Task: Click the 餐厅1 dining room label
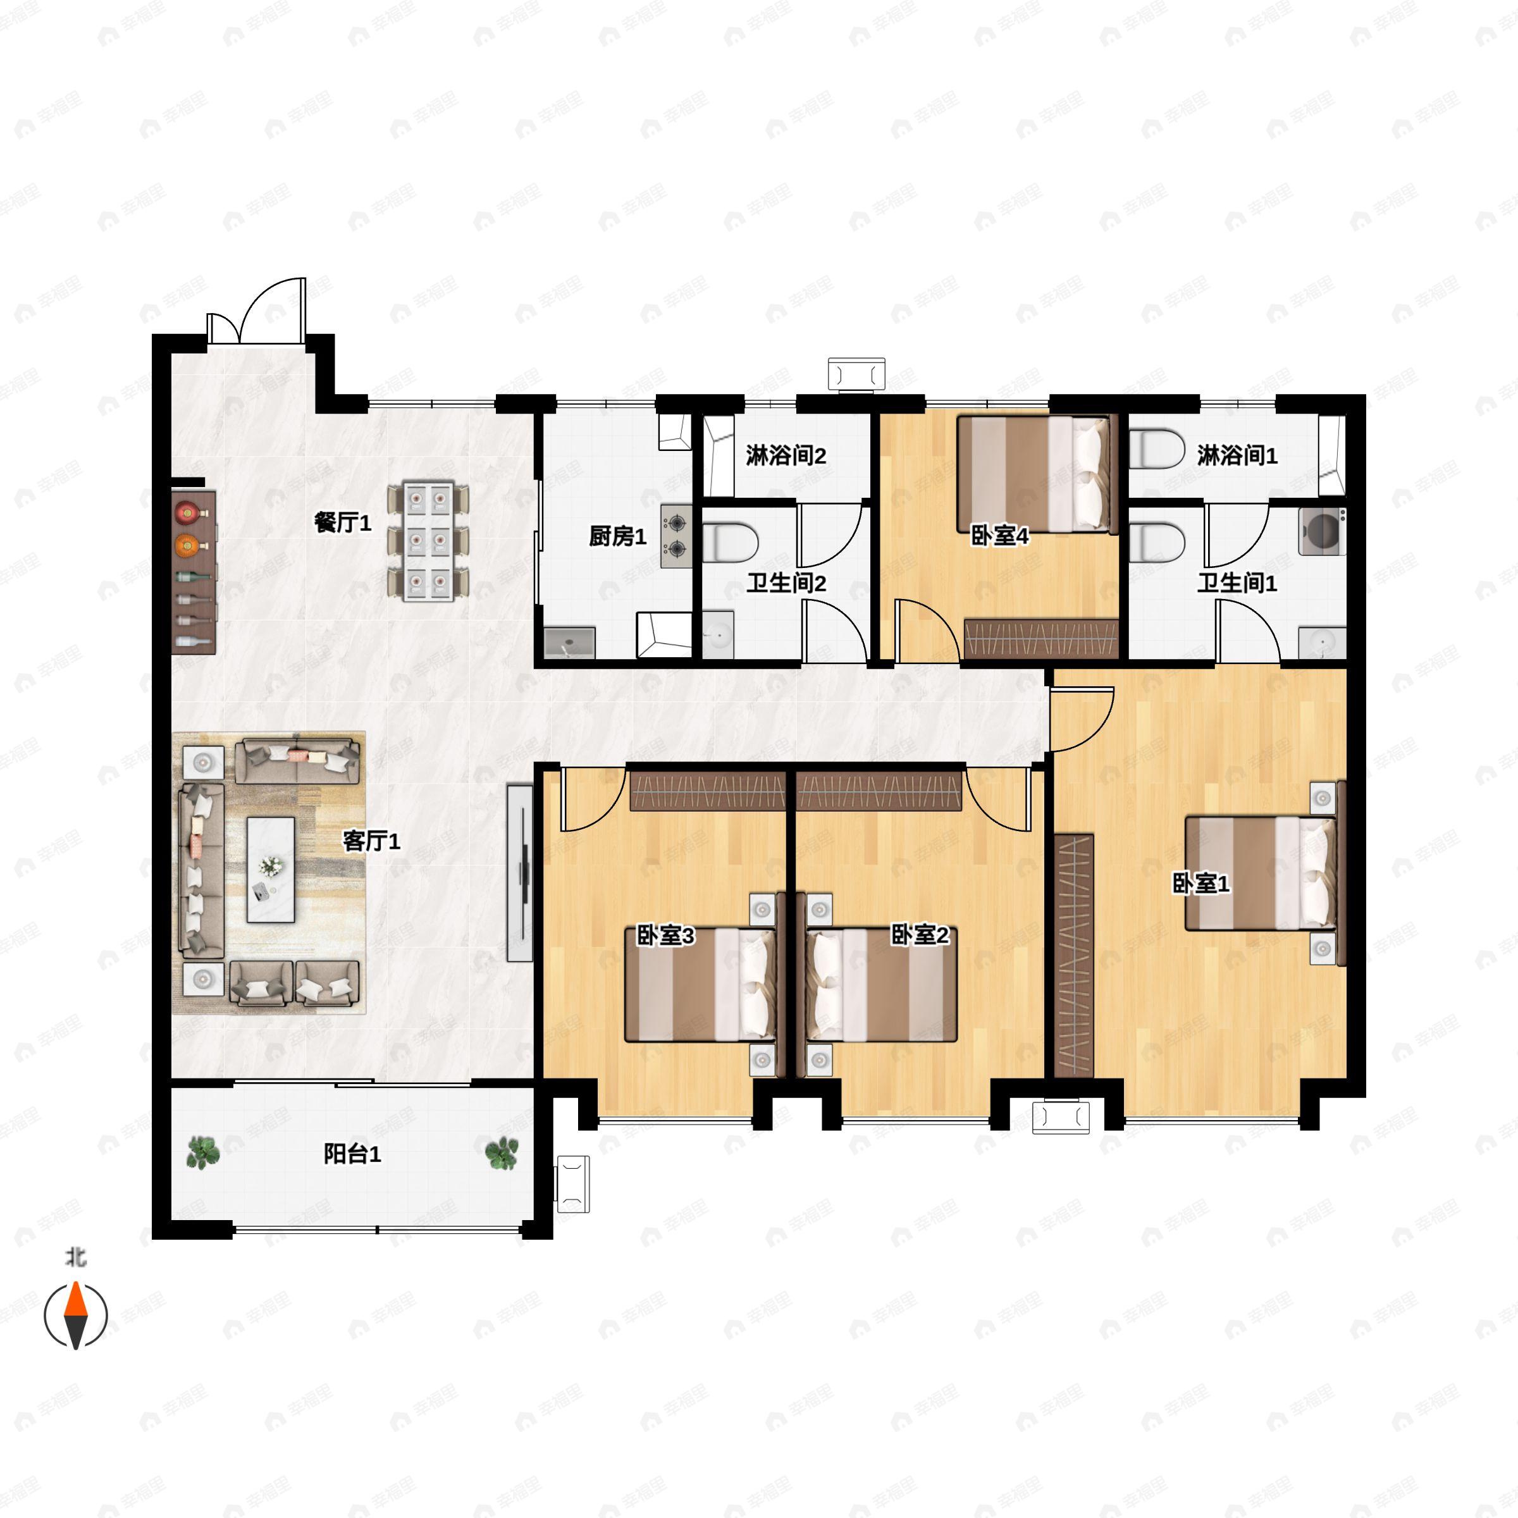[x=343, y=522]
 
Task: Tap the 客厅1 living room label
[x=372, y=841]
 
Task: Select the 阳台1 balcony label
[x=353, y=1154]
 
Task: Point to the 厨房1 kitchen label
[x=617, y=536]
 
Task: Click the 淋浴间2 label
[x=786, y=455]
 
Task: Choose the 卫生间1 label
[x=1238, y=583]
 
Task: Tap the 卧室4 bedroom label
[x=1000, y=536]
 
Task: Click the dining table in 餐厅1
[x=428, y=542]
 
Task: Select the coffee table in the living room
[x=271, y=870]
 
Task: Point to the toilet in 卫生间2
[x=731, y=543]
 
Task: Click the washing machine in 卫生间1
[x=1321, y=532]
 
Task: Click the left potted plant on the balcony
[x=204, y=1152]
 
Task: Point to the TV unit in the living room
[x=519, y=872]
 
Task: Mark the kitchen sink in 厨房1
[x=569, y=643]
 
